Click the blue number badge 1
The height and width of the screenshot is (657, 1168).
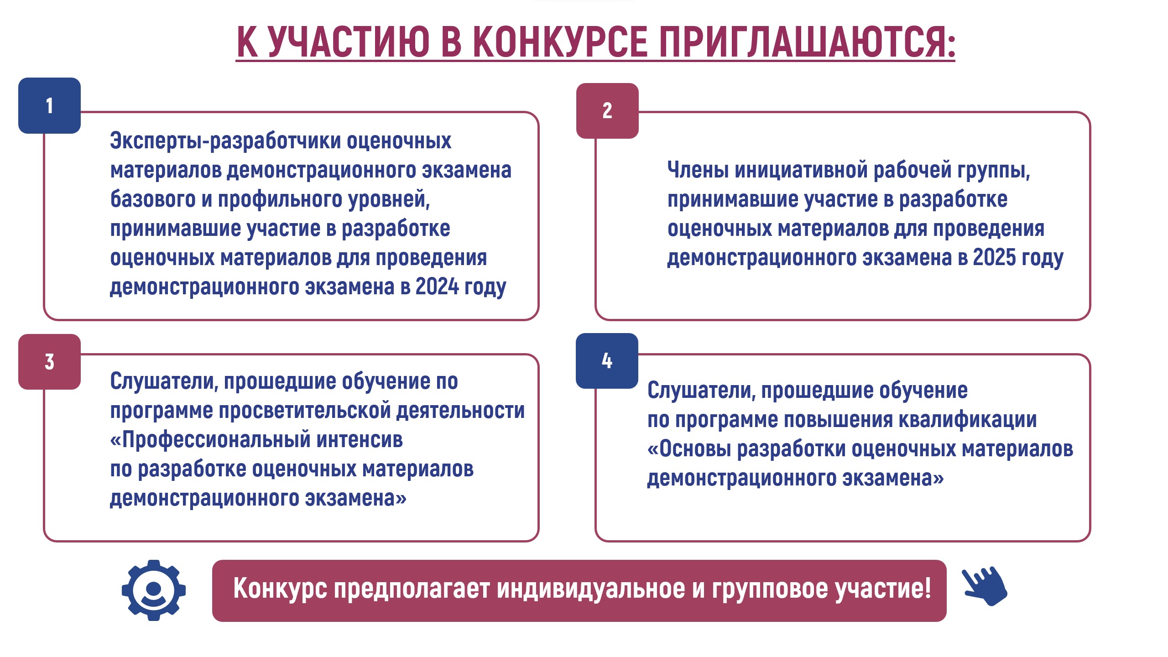click(x=49, y=105)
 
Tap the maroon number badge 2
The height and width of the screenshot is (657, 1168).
click(x=607, y=111)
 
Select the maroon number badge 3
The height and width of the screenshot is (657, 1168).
click(x=49, y=362)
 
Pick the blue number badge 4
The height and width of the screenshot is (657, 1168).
click(x=607, y=361)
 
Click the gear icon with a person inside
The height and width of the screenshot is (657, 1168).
click(x=154, y=590)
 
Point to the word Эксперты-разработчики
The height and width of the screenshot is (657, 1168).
click(x=225, y=141)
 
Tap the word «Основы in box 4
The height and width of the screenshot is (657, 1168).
click(x=689, y=449)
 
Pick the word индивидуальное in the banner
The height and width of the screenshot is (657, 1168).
click(x=591, y=589)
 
